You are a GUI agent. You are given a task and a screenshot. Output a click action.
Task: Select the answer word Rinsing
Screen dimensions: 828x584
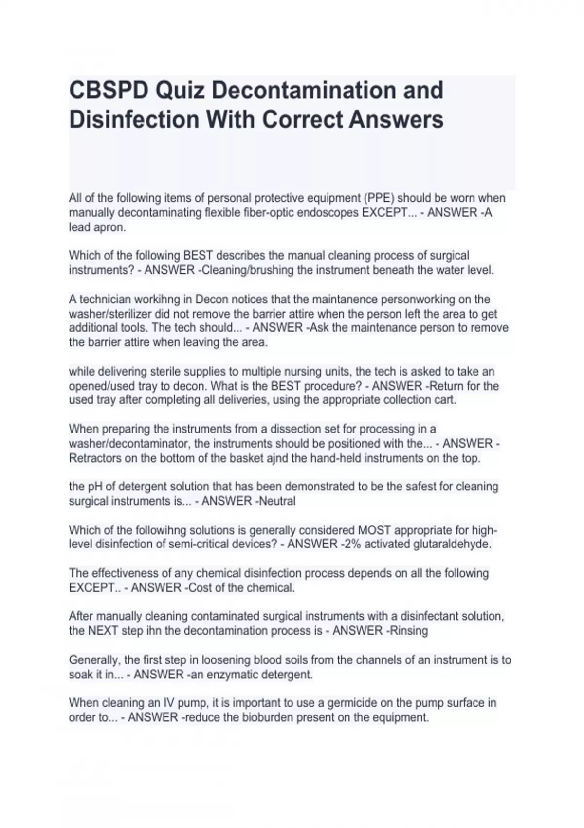409,631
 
